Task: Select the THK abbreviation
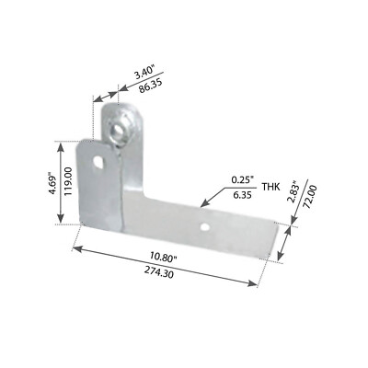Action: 270,187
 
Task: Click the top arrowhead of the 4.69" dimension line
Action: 61,142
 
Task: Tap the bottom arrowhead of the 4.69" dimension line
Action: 61,223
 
